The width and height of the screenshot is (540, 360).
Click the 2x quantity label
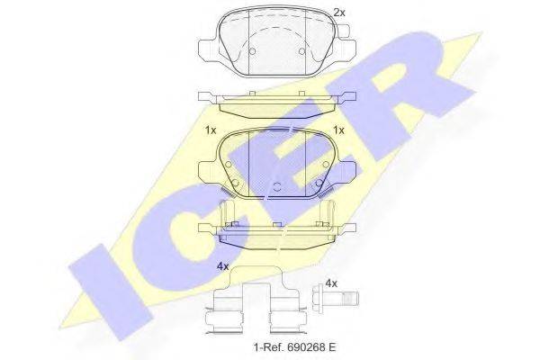tap(338, 13)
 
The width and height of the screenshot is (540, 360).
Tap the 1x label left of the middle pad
tap(211, 130)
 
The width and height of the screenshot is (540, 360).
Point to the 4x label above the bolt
tap(330, 283)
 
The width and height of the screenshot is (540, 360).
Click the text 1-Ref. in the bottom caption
tap(266, 347)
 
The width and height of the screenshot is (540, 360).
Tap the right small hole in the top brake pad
tap(299, 51)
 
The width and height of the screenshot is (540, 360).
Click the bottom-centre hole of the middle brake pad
tap(276, 186)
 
